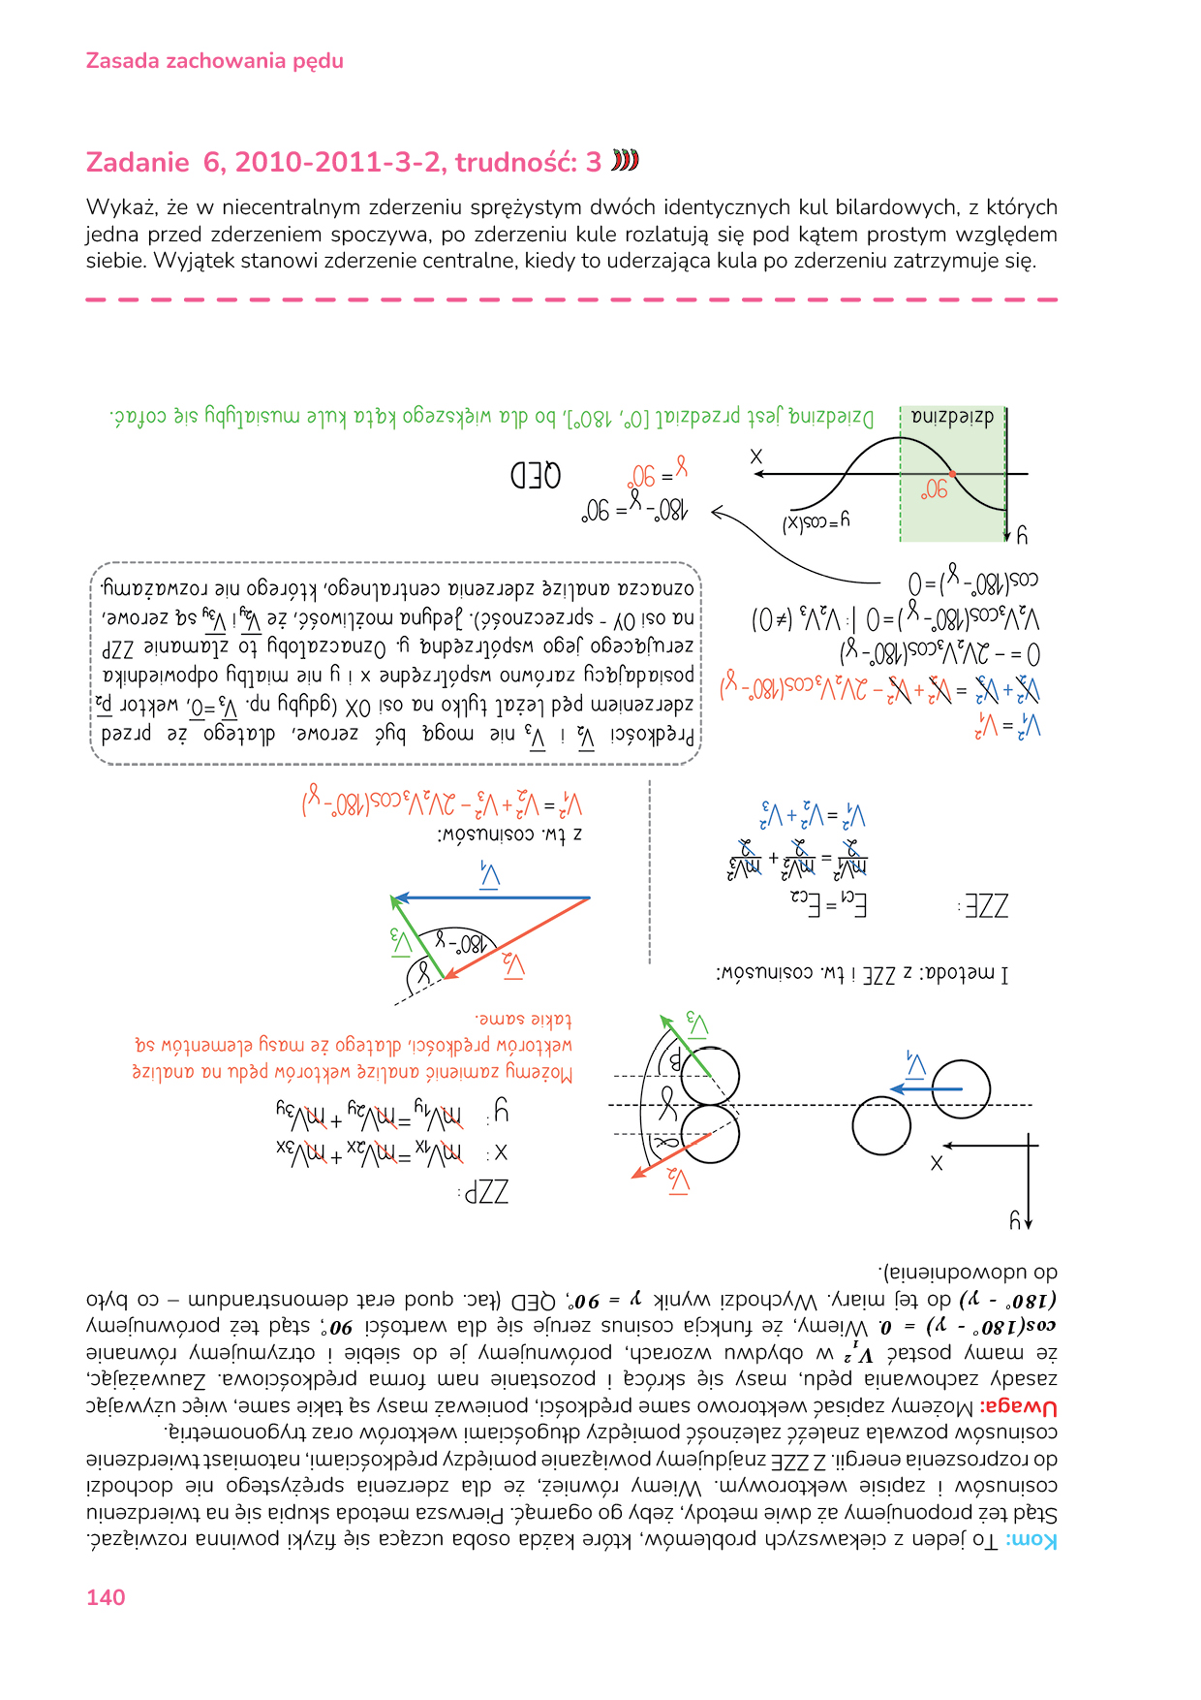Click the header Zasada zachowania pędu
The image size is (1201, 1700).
(214, 61)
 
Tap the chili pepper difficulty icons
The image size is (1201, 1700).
(626, 161)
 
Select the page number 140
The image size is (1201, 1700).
(106, 1597)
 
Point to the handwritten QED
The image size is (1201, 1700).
(536, 476)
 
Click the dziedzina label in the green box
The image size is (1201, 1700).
(953, 418)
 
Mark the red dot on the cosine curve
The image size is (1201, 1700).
(953, 474)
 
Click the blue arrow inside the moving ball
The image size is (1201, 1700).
(925, 1089)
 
